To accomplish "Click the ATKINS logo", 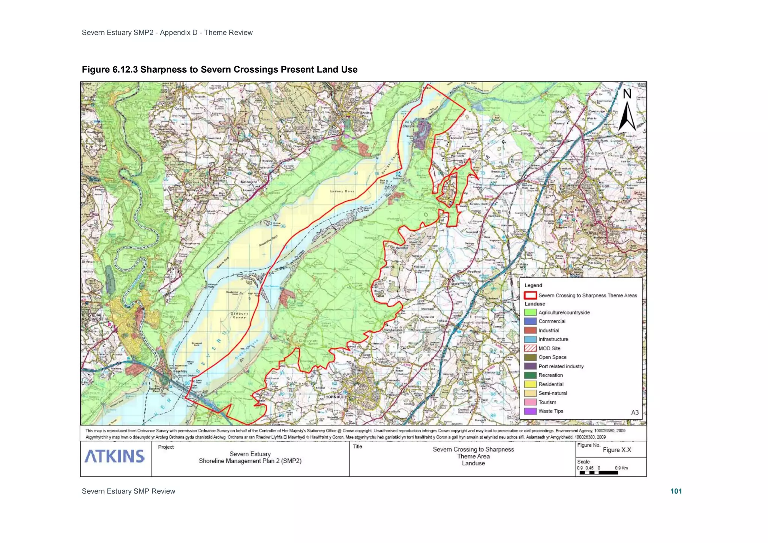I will (115, 456).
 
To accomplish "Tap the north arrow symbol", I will (627, 111).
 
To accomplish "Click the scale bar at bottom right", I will (598, 473).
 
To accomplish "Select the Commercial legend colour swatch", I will (530, 321).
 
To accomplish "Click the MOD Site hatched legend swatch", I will (530, 348).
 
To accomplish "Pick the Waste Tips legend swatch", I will (530, 411).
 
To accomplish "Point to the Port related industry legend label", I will (561, 366).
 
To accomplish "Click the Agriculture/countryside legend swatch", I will (530, 312).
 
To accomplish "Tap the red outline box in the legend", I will (530, 295).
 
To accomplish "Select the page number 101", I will (676, 491).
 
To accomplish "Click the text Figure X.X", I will (617, 450).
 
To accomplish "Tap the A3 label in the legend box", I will (634, 412).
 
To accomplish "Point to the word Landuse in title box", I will (473, 463).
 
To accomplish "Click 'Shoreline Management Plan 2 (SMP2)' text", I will (250, 461).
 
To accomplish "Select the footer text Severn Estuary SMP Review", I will (128, 491).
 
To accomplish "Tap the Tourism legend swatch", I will (530, 402).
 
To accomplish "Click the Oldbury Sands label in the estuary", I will (239, 315).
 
